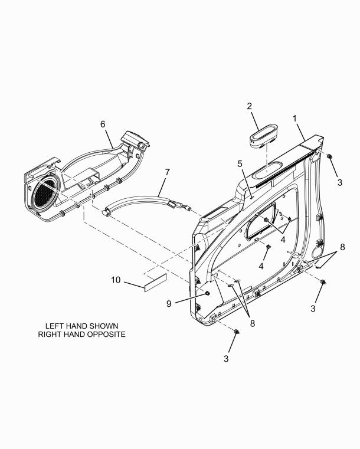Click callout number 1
tap(294, 118)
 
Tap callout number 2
tap(250, 106)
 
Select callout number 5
tap(240, 164)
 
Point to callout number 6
tap(103, 124)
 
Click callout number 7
tap(167, 172)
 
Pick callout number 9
tap(169, 303)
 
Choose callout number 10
tap(116, 280)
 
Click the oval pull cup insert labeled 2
tap(263, 136)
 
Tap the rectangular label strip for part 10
tap(156, 283)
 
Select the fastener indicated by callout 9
tap(207, 293)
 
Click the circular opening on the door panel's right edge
tap(317, 253)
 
